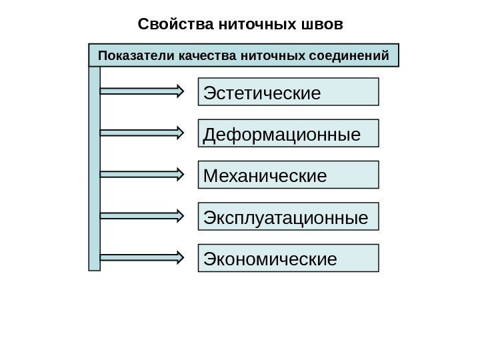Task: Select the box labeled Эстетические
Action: click(289, 92)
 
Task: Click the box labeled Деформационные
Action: click(289, 133)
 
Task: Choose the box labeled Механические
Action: click(289, 175)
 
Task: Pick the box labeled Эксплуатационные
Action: click(289, 217)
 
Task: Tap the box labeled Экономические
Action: click(289, 258)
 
